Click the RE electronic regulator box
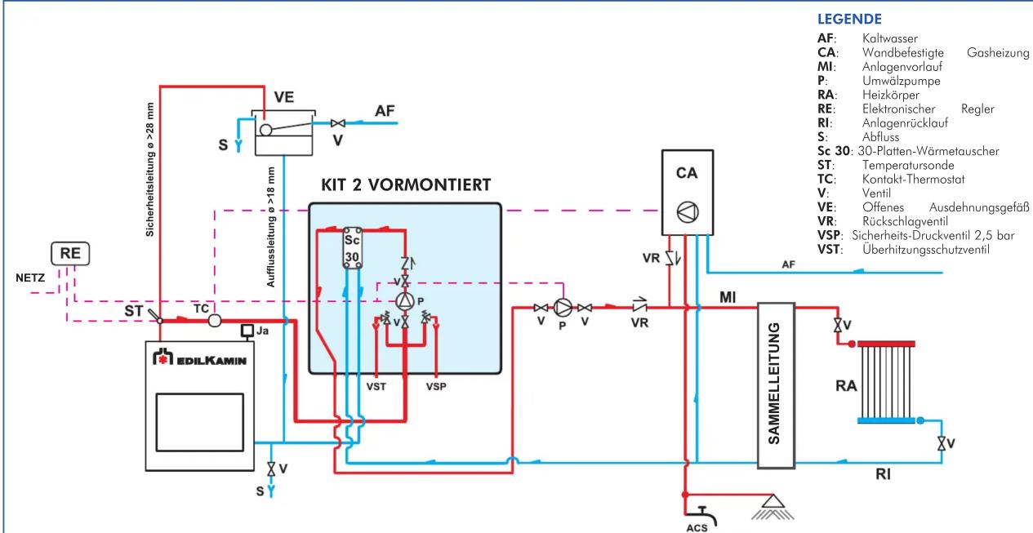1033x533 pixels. tap(70, 254)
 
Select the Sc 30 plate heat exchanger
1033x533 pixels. tap(352, 248)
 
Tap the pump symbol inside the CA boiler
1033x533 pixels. tap(688, 212)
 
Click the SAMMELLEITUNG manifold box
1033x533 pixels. tap(776, 385)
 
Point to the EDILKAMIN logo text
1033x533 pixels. tap(200, 358)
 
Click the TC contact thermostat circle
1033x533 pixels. tap(215, 320)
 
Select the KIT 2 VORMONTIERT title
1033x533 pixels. tap(406, 185)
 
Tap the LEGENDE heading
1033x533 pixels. tap(849, 19)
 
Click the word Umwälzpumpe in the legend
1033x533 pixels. tap(901, 81)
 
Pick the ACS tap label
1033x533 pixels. tap(697, 527)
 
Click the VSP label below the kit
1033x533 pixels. tap(436, 386)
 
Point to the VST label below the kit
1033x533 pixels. tap(376, 386)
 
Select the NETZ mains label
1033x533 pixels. tap(30, 278)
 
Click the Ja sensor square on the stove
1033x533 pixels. tap(247, 331)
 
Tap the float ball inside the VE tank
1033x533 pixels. tap(265, 130)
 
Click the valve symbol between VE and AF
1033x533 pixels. tap(338, 123)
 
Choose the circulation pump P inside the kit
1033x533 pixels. tap(405, 301)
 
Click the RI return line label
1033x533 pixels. tap(883, 474)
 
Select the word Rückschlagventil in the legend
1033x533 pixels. tap(905, 221)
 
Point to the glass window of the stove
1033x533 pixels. tap(200, 422)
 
